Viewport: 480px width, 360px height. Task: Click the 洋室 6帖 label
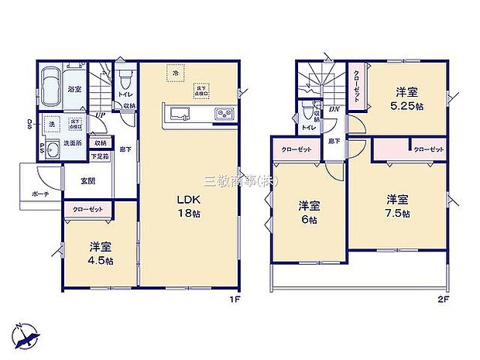(x=310, y=212)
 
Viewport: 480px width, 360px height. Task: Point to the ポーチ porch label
(x=41, y=194)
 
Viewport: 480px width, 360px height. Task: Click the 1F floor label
(x=231, y=300)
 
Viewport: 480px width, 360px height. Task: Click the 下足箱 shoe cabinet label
(x=100, y=156)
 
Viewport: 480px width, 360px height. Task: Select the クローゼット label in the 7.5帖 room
(x=428, y=149)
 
